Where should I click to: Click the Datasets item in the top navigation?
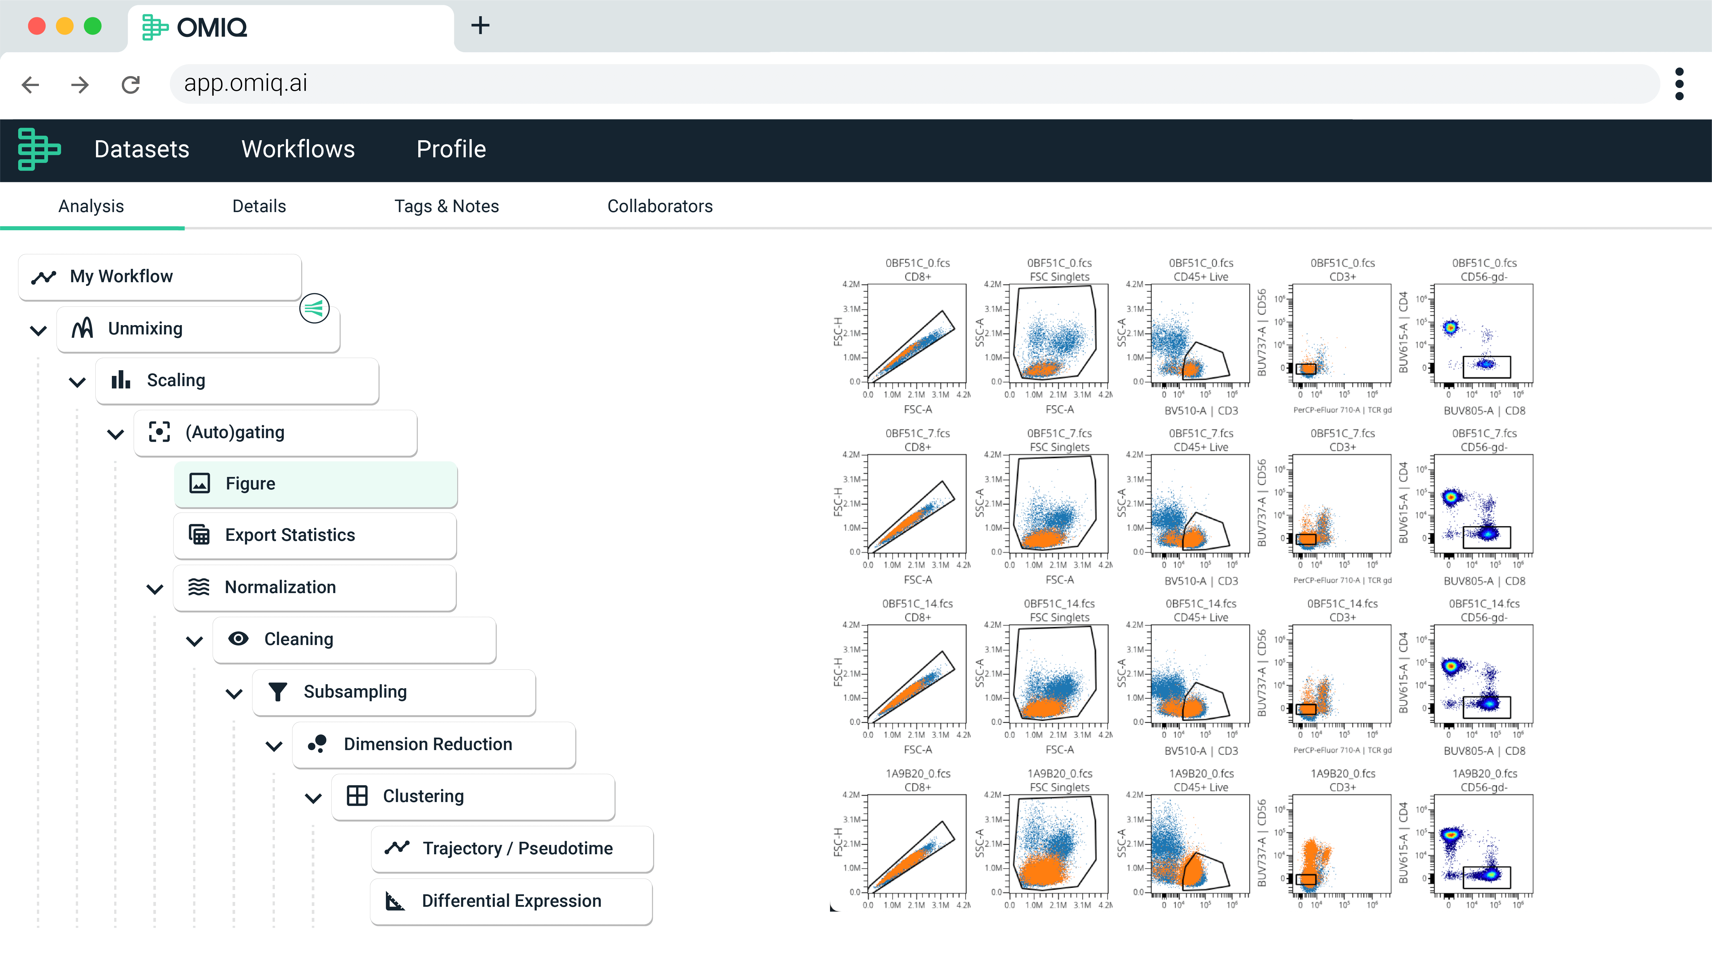(x=142, y=150)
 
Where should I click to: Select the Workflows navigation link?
(x=298, y=150)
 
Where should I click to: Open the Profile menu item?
(x=451, y=150)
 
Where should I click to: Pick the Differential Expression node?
(x=511, y=901)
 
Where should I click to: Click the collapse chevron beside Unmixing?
(x=39, y=330)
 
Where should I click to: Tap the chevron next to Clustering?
(x=313, y=798)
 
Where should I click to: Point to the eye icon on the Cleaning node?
(x=238, y=639)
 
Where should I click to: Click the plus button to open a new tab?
(x=480, y=26)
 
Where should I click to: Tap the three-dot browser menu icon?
(x=1679, y=84)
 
